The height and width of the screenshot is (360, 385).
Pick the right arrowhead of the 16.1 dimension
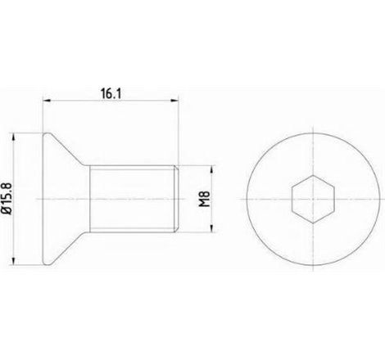(176, 101)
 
